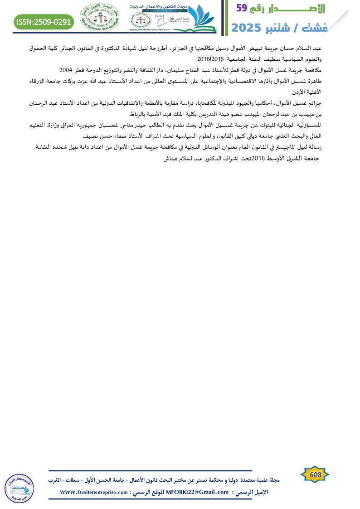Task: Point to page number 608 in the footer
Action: tap(315, 474)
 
